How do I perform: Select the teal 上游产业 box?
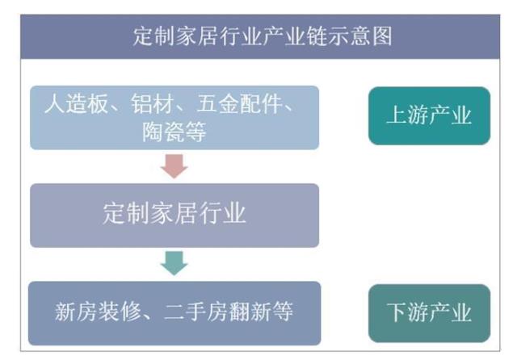429,116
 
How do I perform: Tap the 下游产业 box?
429,313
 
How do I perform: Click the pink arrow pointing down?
174,165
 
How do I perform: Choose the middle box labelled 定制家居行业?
174,215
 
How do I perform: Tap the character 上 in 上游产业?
396,116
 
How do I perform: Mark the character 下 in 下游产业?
396,313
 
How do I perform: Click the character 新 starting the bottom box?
65,312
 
